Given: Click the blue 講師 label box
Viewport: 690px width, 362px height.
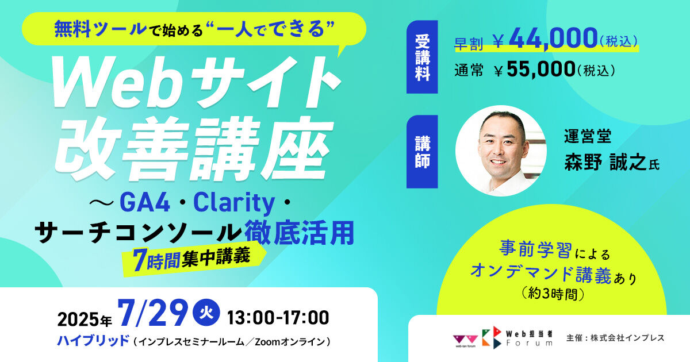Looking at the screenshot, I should pyautogui.click(x=422, y=151).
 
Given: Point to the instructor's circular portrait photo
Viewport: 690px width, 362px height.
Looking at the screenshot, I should pyautogui.click(x=501, y=151).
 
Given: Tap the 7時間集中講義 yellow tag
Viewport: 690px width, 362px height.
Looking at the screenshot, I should pyautogui.click(x=190, y=257).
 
